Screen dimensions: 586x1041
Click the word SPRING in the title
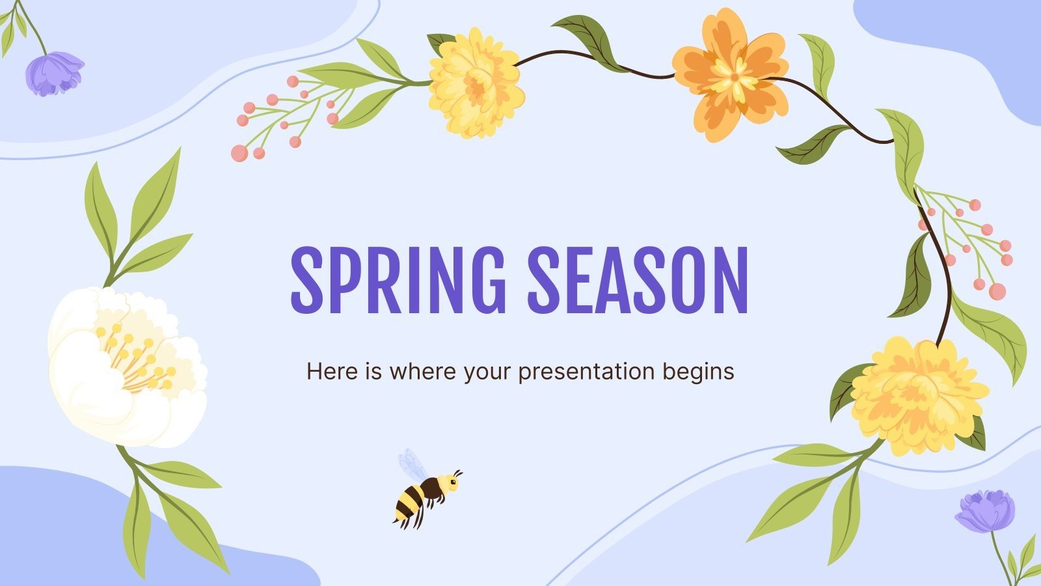(x=398, y=279)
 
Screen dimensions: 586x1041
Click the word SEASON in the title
(x=638, y=279)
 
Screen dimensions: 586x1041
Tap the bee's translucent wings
(x=411, y=463)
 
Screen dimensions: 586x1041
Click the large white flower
(x=128, y=368)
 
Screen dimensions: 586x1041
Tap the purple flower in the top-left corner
(x=53, y=73)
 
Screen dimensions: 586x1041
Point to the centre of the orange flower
(x=734, y=77)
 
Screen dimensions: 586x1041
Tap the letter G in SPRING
(x=483, y=279)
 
